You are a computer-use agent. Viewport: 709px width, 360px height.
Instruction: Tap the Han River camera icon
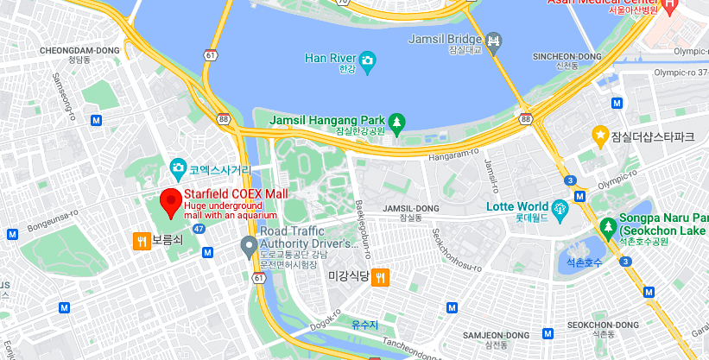(x=368, y=60)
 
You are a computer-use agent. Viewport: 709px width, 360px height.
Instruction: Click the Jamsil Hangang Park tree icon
(x=396, y=121)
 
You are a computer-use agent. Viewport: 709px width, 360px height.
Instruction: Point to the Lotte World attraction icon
(x=560, y=207)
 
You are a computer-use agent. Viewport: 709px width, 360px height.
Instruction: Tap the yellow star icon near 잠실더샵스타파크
(x=599, y=135)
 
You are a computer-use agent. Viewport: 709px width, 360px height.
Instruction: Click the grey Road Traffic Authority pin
(x=249, y=246)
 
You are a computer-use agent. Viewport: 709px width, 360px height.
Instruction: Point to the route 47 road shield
(x=199, y=229)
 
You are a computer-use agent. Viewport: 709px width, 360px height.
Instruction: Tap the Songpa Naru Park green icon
(x=609, y=228)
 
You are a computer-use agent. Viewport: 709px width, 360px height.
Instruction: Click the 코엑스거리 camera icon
(x=178, y=167)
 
